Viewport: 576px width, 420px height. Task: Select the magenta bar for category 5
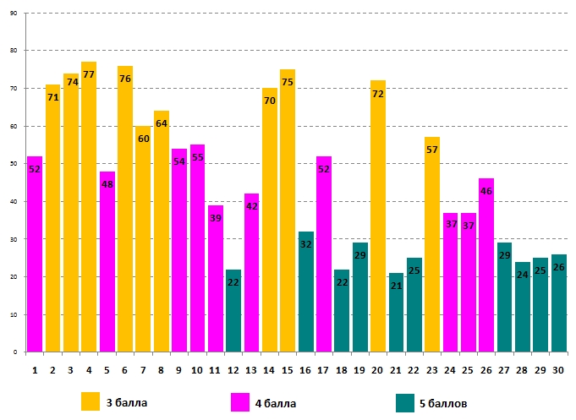pos(107,262)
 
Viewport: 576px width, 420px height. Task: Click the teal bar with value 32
pos(306,292)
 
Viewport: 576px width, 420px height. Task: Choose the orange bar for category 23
pos(432,245)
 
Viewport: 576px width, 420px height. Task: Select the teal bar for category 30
pos(559,303)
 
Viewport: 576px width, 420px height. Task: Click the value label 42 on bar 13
pos(252,205)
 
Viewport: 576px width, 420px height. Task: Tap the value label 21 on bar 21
pos(396,286)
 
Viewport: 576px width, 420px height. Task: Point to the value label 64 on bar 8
pos(161,123)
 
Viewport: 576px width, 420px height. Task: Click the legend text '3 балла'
pos(127,403)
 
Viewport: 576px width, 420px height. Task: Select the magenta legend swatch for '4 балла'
pos(239,402)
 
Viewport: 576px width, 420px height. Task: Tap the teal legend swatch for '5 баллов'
pos(405,402)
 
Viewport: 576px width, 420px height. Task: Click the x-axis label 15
pos(288,370)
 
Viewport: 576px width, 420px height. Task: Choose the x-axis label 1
pos(35,370)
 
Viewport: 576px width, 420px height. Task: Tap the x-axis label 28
pos(523,370)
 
